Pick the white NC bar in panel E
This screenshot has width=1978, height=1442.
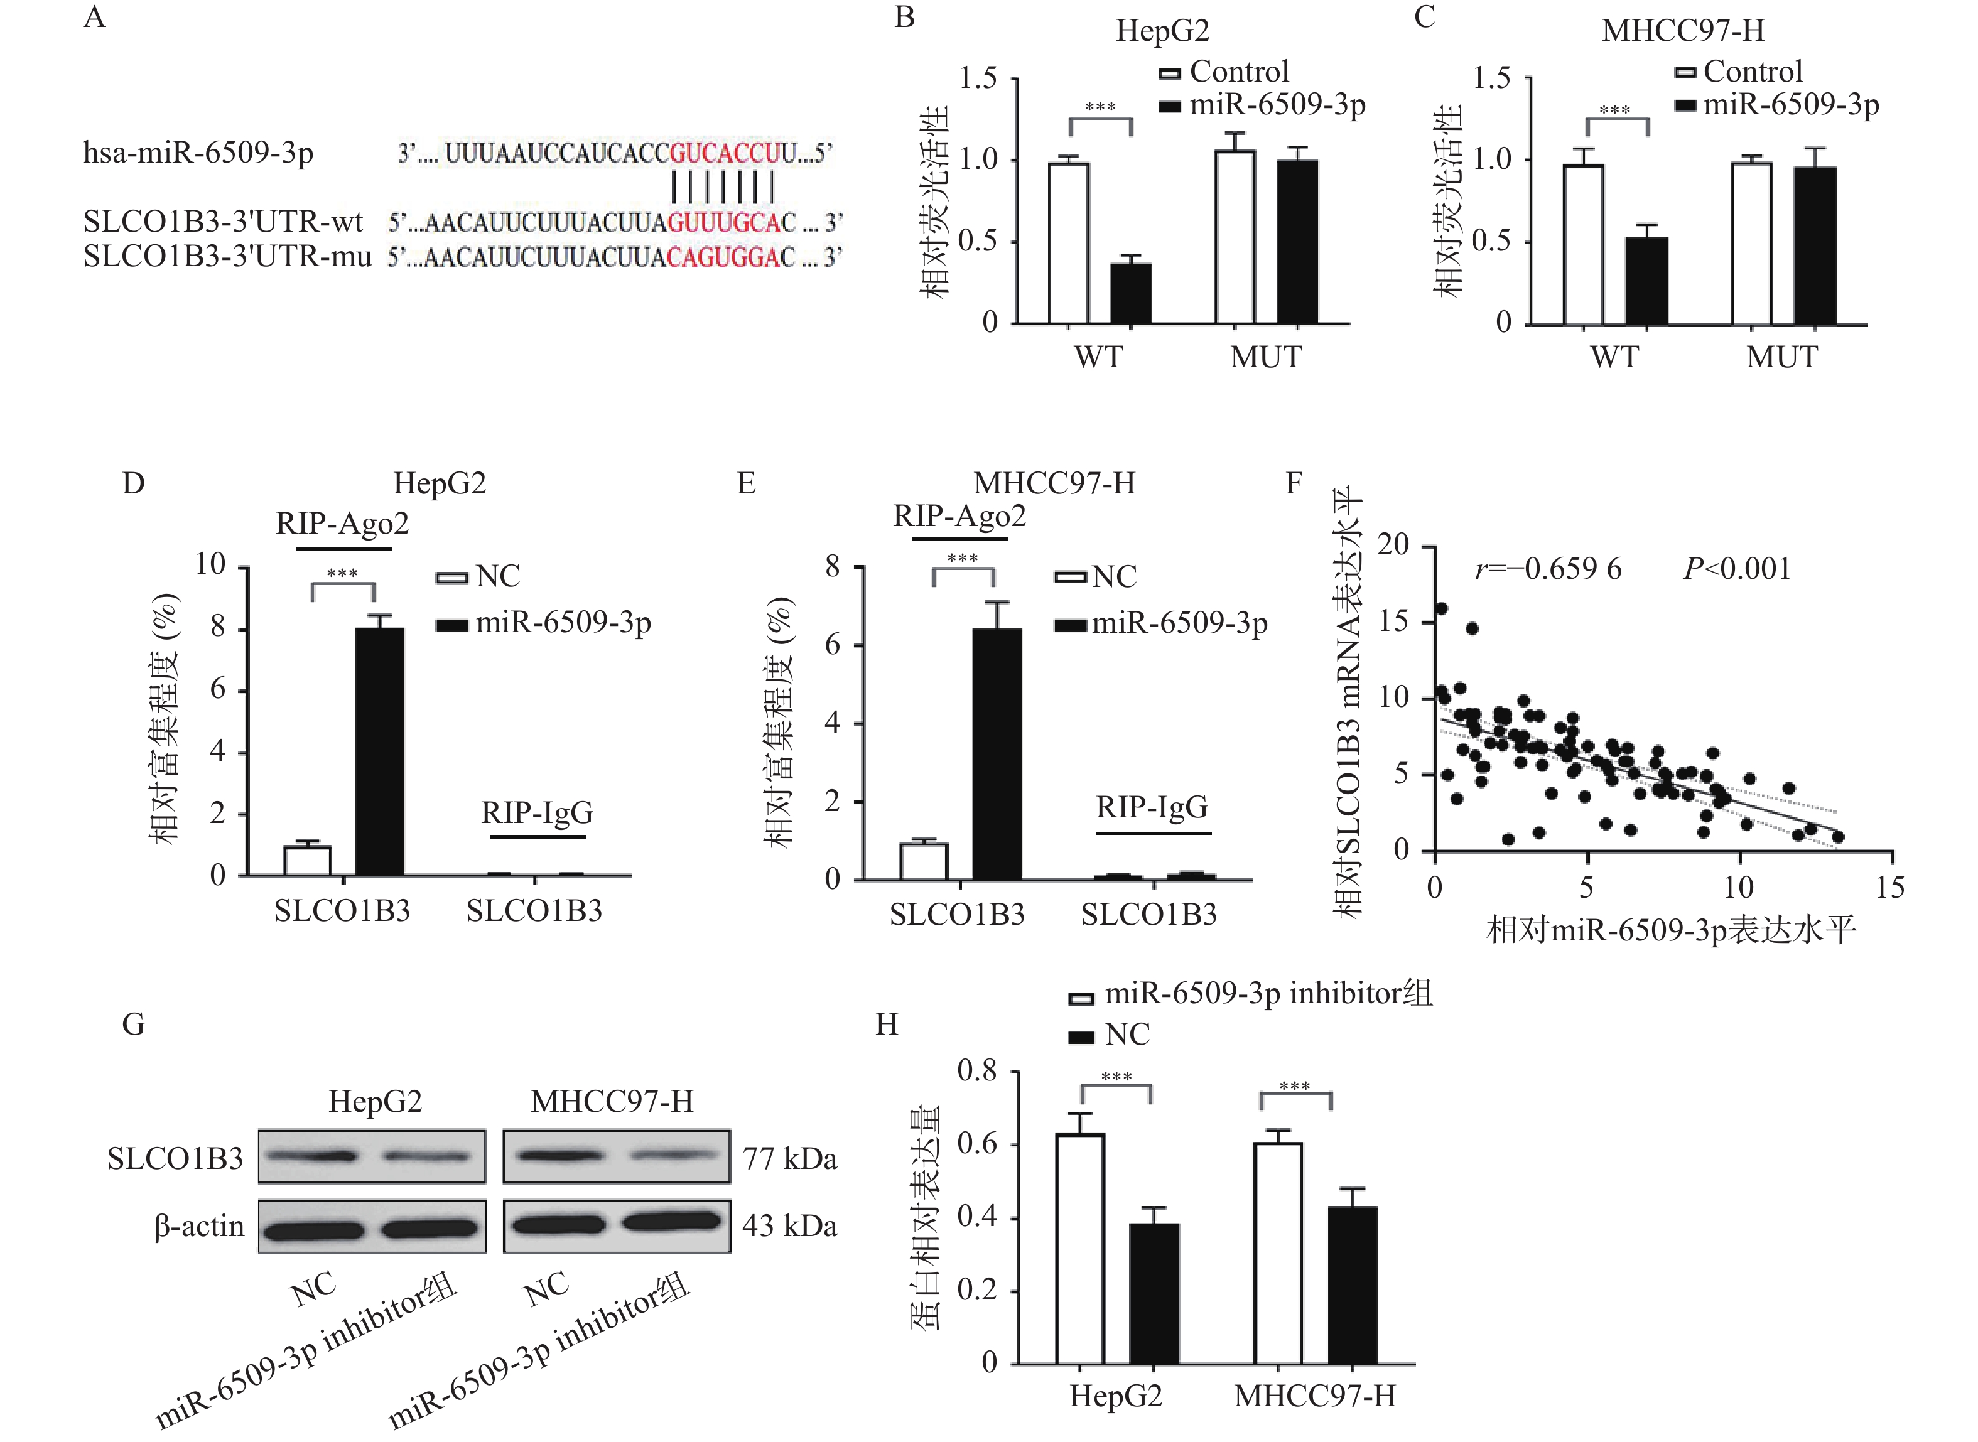point(924,861)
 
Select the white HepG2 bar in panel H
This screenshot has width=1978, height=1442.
point(1080,1248)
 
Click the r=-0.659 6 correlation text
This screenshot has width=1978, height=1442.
point(1548,569)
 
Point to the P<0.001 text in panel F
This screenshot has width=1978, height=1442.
point(1736,569)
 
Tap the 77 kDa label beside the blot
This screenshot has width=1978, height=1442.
point(789,1159)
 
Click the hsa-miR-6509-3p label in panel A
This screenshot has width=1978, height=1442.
point(198,154)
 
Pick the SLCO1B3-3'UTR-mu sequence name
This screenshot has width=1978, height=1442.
point(227,257)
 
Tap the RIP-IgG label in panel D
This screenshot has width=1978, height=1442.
point(537,812)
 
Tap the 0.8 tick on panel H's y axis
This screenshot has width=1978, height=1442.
point(977,1071)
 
